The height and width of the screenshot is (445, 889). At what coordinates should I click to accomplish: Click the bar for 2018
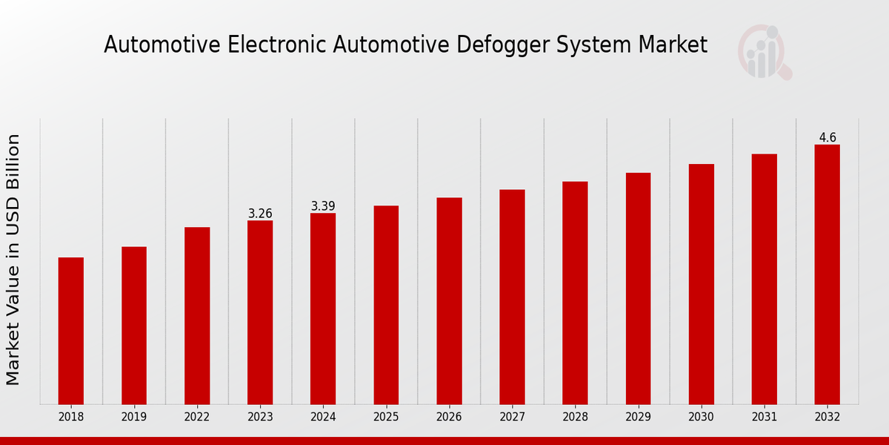pyautogui.click(x=71, y=331)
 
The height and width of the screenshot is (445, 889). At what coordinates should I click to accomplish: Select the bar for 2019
pyautogui.click(x=134, y=326)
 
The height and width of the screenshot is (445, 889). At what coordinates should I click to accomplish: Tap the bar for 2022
pyautogui.click(x=197, y=316)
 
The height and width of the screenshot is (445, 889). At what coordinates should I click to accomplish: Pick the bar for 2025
pyautogui.click(x=386, y=305)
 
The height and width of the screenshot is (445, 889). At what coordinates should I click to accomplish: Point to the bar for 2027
pyautogui.click(x=512, y=297)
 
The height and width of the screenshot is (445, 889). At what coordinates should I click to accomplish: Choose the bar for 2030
pyautogui.click(x=701, y=284)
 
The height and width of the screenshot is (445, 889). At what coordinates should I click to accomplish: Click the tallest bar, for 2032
pyautogui.click(x=827, y=274)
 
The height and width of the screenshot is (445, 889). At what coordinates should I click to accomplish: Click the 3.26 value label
pyautogui.click(x=260, y=214)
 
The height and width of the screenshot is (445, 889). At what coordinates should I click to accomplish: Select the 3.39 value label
pyautogui.click(x=323, y=206)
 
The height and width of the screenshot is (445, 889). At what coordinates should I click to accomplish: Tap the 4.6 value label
pyautogui.click(x=828, y=138)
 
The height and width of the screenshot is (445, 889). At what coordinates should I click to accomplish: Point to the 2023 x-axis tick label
pyautogui.click(x=260, y=418)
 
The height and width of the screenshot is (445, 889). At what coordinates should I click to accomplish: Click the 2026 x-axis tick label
pyautogui.click(x=449, y=418)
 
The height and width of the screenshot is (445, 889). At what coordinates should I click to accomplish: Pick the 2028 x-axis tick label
pyautogui.click(x=575, y=418)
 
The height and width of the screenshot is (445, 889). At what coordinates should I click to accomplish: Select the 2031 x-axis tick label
pyautogui.click(x=764, y=418)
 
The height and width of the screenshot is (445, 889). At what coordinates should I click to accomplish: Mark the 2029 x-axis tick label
pyautogui.click(x=638, y=418)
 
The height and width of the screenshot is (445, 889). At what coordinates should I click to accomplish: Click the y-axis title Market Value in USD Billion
pyautogui.click(x=13, y=260)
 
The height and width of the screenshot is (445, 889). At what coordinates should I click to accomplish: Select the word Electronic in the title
pyautogui.click(x=275, y=45)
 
